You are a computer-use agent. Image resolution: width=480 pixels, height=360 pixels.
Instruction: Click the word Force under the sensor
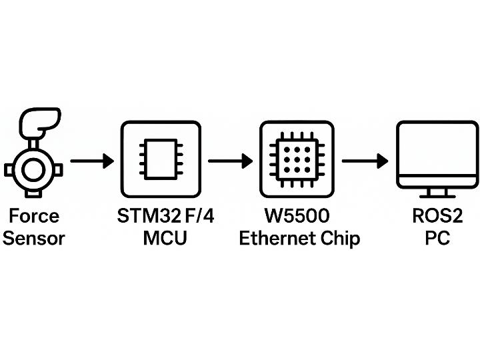click(34, 216)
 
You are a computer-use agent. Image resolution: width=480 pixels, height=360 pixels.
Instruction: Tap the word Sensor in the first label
click(34, 238)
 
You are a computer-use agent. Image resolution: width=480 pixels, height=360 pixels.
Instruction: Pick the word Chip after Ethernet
click(339, 238)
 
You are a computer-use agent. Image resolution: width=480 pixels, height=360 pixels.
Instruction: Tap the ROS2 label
click(437, 216)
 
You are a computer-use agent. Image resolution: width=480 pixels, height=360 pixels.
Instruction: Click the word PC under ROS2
click(437, 238)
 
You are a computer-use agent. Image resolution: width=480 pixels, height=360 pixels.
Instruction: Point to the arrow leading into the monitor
click(365, 161)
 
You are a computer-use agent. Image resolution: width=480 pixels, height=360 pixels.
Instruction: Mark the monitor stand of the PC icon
click(437, 193)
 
